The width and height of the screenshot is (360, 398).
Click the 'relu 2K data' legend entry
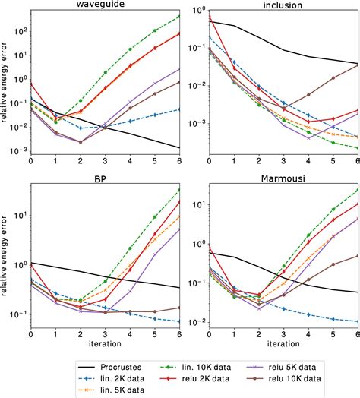[x=195, y=377]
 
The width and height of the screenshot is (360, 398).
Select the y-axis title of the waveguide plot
[x=6, y=83]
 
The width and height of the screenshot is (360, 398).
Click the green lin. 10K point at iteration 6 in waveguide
[x=179, y=16]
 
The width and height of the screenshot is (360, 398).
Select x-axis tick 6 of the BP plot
[x=179, y=333]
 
